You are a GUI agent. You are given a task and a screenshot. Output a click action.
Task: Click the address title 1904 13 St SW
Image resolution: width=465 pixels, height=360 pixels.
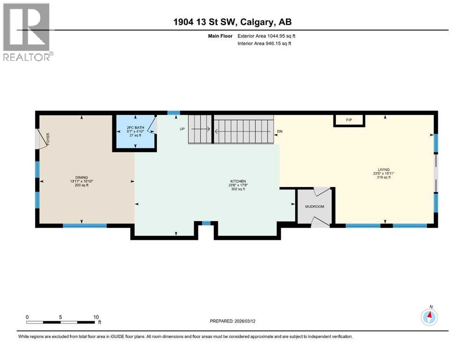click(232, 22)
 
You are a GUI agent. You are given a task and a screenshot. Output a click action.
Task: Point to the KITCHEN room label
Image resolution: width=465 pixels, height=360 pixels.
click(238, 181)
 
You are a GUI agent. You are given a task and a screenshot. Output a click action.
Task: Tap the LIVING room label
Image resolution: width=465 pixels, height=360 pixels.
click(384, 170)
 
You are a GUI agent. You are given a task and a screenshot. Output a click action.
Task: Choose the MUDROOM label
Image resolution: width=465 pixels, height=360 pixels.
click(314, 206)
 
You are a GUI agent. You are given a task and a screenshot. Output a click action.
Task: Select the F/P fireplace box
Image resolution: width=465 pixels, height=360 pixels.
click(349, 120)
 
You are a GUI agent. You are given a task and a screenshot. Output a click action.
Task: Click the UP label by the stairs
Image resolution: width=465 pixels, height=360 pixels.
click(183, 128)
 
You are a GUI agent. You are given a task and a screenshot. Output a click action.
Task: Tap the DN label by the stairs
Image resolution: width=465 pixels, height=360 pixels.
click(280, 132)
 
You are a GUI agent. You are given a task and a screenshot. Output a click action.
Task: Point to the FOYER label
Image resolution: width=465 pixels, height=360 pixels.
click(48, 139)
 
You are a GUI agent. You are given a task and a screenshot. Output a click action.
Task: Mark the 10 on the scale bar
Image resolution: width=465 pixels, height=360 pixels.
click(96, 317)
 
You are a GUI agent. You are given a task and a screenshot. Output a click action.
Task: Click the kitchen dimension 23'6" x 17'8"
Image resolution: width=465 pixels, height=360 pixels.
click(238, 185)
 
